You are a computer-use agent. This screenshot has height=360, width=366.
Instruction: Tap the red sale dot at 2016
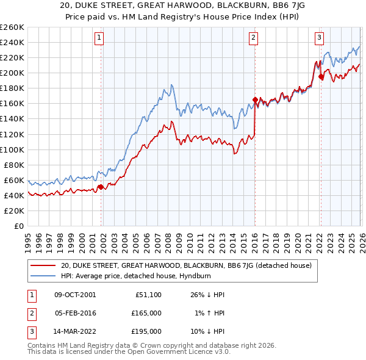pyautogui.click(x=254, y=99)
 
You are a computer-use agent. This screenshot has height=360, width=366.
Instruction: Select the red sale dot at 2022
pyautogui.click(x=320, y=77)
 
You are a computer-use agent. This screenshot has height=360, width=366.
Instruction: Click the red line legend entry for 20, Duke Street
pyautogui.click(x=186, y=265)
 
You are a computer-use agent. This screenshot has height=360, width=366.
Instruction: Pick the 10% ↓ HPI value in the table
pyautogui.click(x=208, y=331)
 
